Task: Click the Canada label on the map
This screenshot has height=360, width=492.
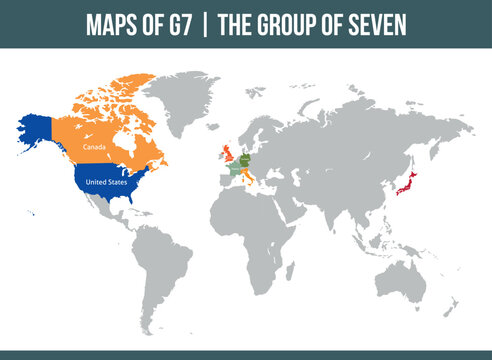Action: click(94, 147)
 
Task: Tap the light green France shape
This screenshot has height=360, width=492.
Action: click(233, 170)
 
